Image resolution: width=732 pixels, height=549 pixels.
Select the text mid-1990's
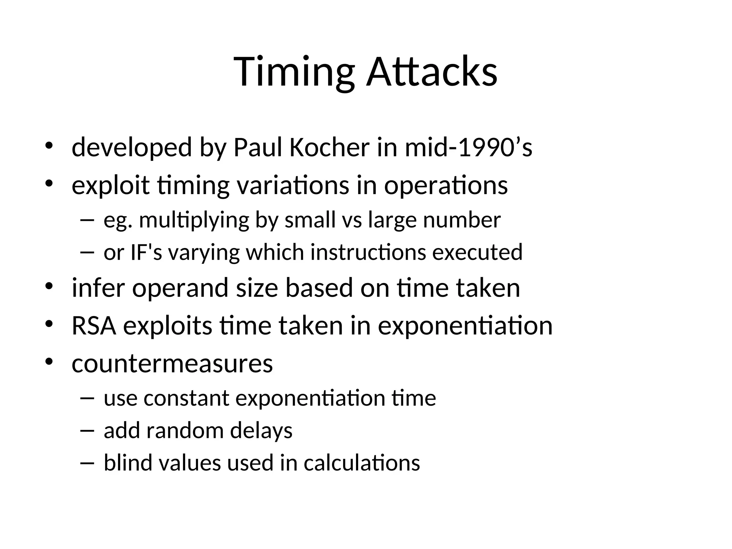pos(469,147)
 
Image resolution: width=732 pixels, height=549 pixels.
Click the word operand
pos(180,288)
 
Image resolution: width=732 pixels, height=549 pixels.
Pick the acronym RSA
pos(94,326)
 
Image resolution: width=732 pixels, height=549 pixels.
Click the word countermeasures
pos(172,363)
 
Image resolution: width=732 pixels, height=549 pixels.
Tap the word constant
pos(186,398)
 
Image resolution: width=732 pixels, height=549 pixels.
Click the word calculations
pos(362,463)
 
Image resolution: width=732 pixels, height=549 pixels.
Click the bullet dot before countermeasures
pos(49,362)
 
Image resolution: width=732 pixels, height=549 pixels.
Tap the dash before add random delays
pos(87,431)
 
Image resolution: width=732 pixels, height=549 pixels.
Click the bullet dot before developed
pos(49,146)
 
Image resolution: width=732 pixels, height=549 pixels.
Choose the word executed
pos(478,252)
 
